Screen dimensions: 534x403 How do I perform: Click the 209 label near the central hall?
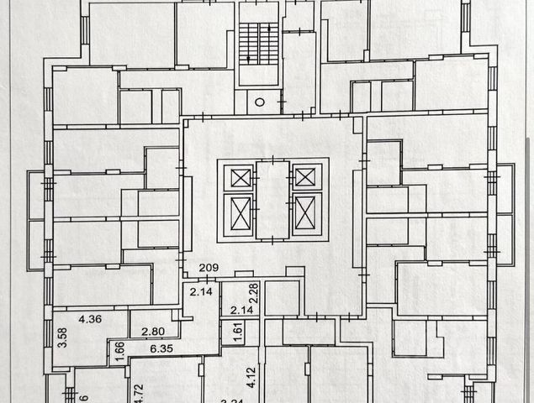pyautogui.click(x=209, y=269)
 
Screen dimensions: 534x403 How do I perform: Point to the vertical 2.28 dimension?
pyautogui.click(x=251, y=294)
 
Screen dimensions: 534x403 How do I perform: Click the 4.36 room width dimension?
pyautogui.click(x=90, y=319)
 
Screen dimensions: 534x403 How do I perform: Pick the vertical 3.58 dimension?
pyautogui.click(x=61, y=337)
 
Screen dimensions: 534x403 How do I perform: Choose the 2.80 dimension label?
pyautogui.click(x=153, y=332)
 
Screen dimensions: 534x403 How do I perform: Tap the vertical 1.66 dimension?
pyautogui.click(x=119, y=349)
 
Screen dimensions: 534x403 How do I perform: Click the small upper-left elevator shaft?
pyautogui.click(x=241, y=177)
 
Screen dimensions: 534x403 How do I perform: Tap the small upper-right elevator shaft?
pyautogui.click(x=304, y=176)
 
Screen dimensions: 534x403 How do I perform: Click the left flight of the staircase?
pyautogui.click(x=248, y=41)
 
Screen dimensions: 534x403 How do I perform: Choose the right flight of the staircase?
pyautogui.click(x=268, y=41)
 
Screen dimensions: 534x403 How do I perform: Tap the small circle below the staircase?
pyautogui.click(x=260, y=102)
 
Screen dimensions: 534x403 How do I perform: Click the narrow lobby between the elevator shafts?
pyautogui.click(x=272, y=200)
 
